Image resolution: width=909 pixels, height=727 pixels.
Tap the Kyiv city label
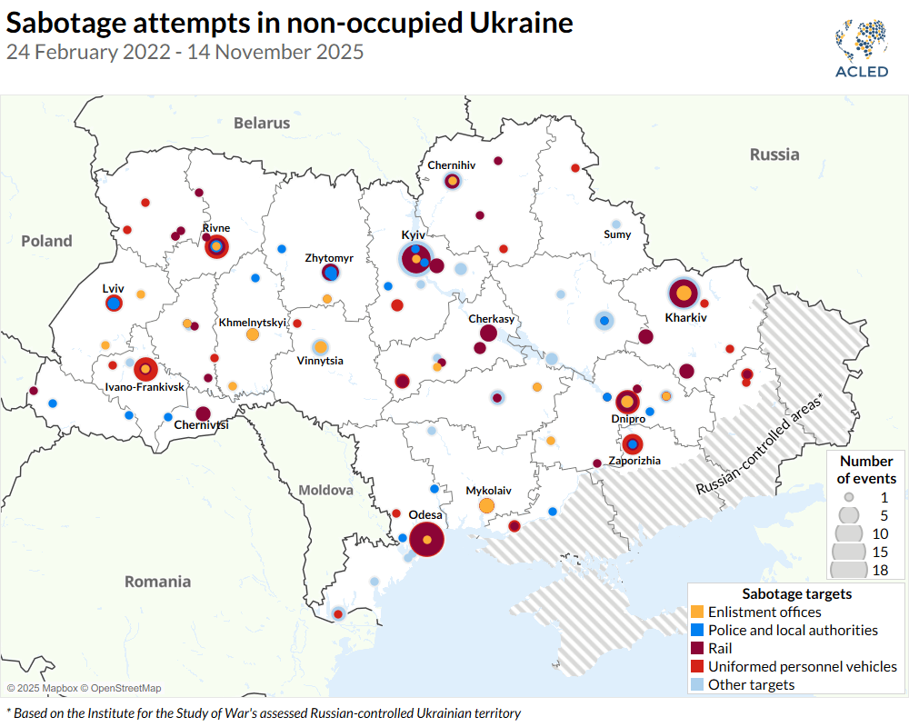[414, 234]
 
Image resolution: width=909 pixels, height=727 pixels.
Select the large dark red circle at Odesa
[426, 540]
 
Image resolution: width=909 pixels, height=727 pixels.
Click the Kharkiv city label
[685, 318]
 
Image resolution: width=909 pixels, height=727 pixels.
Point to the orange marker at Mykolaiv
[486, 505]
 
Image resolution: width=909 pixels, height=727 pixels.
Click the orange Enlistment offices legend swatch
[697, 612]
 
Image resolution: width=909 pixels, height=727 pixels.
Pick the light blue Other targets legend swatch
[697, 684]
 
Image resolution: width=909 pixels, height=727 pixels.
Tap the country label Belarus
[261, 123]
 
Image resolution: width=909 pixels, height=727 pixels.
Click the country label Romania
[158, 582]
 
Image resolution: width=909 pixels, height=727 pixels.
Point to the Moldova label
[325, 490]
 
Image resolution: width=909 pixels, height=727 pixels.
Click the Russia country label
[774, 154]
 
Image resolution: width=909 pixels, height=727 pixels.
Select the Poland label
[46, 241]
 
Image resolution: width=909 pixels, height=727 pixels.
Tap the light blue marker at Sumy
[616, 224]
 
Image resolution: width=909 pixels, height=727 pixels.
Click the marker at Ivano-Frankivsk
[145, 370]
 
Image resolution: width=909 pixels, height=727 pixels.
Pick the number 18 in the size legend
[879, 571]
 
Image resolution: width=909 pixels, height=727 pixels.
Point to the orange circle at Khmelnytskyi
[253, 334]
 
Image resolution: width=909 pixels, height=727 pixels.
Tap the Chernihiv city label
[452, 165]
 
